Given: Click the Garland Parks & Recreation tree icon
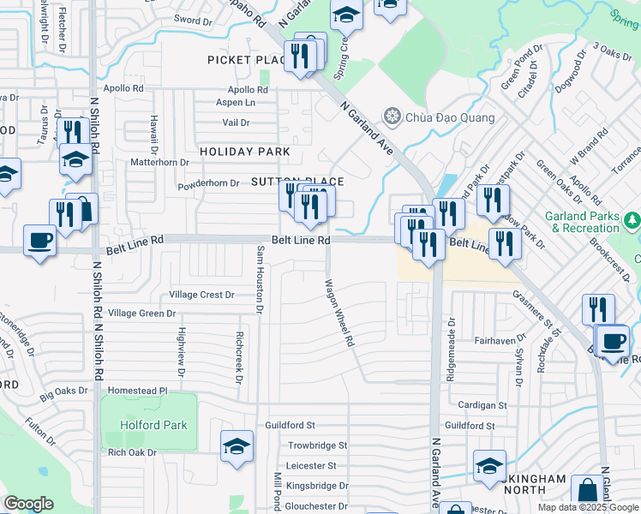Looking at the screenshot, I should tap(633, 220).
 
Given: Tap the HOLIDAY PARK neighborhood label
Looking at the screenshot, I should tap(245, 152).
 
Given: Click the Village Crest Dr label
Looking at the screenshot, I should tap(201, 295).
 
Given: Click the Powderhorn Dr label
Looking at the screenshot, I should tap(208, 183).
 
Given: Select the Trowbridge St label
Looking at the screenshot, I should tap(317, 445).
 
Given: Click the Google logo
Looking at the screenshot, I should tap(28, 504).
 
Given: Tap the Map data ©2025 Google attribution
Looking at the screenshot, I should tap(587, 507).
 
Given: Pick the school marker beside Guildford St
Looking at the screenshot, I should tap(237, 445).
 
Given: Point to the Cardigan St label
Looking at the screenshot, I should tap(482, 405).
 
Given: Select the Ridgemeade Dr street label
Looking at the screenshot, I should tap(452, 339).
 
